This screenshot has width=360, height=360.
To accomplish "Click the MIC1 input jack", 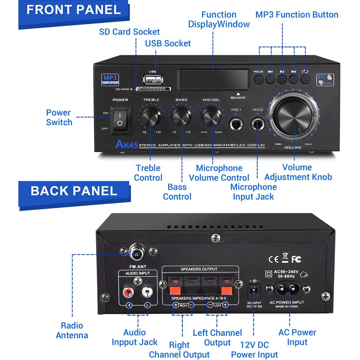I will coord(237,123).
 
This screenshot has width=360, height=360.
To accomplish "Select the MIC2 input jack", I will coord(258,123).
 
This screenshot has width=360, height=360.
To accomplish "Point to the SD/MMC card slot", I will coord(152,89).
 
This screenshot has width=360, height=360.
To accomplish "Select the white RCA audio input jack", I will coord(147,291).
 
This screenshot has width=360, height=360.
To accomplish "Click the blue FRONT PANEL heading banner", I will coord(74,10).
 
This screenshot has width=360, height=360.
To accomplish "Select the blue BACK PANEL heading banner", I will coord(74,191).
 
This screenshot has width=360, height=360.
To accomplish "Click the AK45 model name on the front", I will coord(126,145).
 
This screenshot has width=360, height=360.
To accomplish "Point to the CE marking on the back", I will coord(273,258).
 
